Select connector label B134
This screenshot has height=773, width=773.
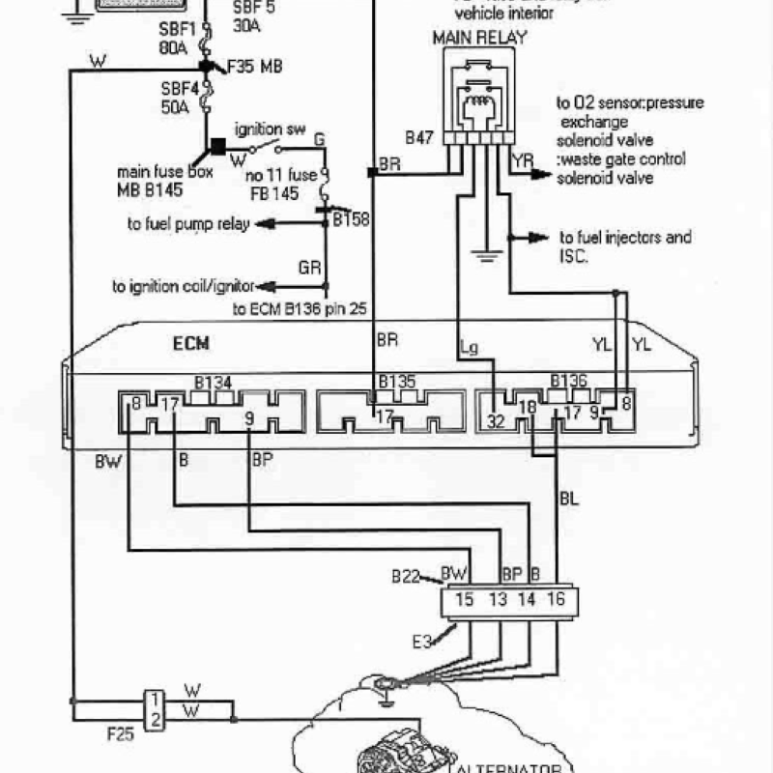point(212,384)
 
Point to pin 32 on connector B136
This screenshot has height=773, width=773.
point(495,421)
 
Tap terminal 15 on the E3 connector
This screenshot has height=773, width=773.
point(464,600)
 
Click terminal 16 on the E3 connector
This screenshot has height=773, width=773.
point(556,600)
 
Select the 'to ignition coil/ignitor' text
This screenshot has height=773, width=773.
point(183,287)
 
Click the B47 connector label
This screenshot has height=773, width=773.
point(418,138)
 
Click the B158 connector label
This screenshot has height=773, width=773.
point(351,219)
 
